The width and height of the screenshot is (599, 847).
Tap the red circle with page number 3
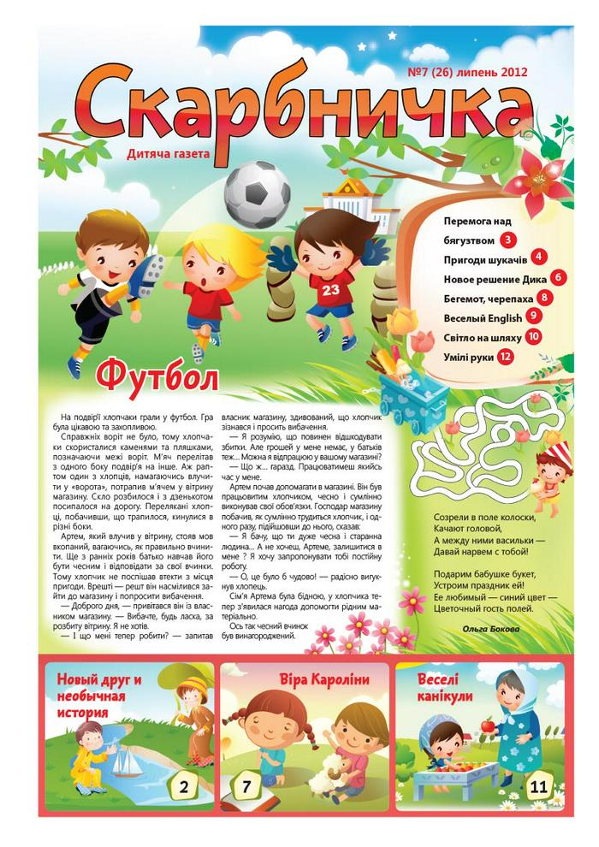click(x=510, y=240)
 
